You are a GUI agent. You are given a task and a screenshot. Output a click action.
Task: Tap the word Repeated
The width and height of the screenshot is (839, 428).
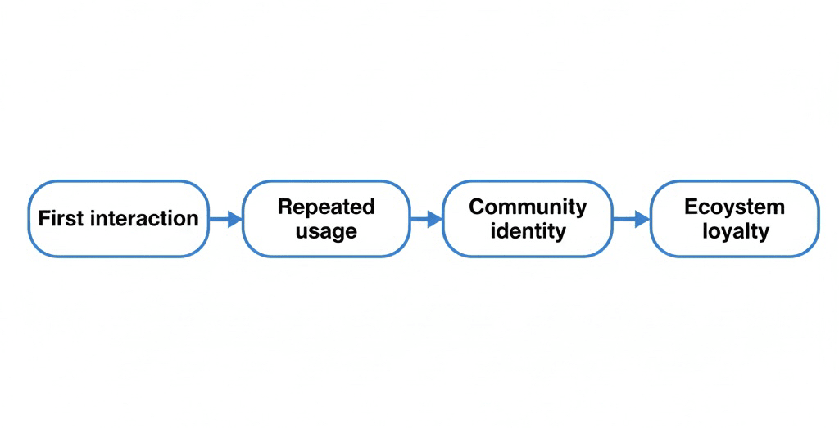tap(325, 207)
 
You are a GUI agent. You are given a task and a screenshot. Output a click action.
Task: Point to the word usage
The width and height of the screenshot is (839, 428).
tap(326, 232)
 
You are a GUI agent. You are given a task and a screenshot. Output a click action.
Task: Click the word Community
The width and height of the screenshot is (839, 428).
tap(528, 207)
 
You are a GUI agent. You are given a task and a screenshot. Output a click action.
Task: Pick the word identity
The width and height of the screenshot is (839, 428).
tap(528, 231)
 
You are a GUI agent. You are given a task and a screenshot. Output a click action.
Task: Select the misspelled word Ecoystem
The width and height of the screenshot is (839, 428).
tap(734, 207)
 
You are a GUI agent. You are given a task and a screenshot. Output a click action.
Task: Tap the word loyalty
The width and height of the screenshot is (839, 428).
tap(735, 231)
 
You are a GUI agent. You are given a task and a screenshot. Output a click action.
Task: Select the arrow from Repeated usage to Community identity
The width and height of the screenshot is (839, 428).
tap(426, 219)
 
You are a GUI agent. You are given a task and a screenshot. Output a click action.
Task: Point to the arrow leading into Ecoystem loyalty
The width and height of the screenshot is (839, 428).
tap(631, 219)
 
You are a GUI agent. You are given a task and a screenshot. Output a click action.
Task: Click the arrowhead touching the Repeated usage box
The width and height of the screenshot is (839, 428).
tap(236, 219)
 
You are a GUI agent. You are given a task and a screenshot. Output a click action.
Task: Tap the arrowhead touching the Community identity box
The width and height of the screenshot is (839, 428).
tap(436, 219)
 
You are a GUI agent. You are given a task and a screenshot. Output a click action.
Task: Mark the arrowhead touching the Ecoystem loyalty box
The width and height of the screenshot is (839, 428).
tap(642, 219)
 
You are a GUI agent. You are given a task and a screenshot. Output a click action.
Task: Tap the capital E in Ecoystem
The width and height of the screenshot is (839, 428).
tap(690, 207)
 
